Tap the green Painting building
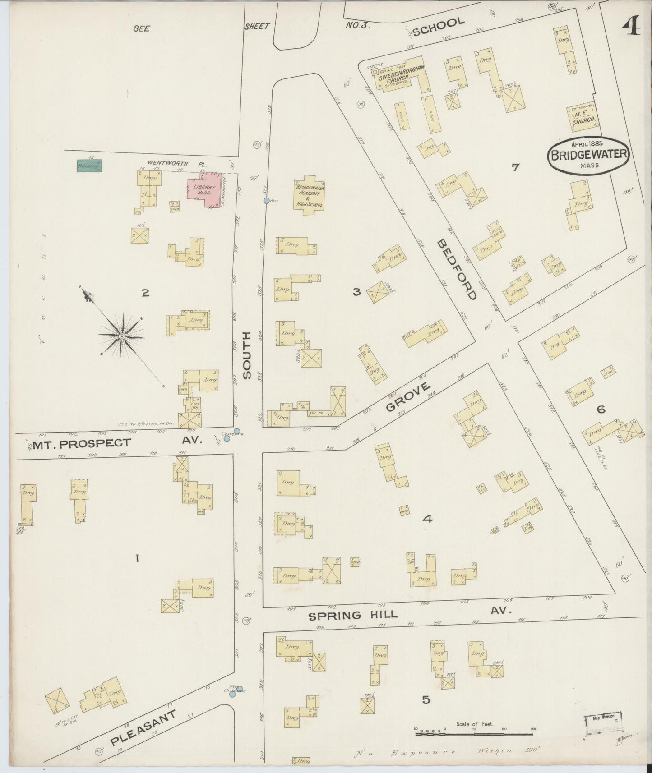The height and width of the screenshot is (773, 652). click(89, 166)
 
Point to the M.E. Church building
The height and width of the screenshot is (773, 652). click(583, 116)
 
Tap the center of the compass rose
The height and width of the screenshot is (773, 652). click(122, 336)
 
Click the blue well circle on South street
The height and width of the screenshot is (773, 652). click(267, 200)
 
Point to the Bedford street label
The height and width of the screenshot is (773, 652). click(457, 269)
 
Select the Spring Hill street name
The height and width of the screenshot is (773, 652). click(352, 615)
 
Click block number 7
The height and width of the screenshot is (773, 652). click(516, 167)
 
